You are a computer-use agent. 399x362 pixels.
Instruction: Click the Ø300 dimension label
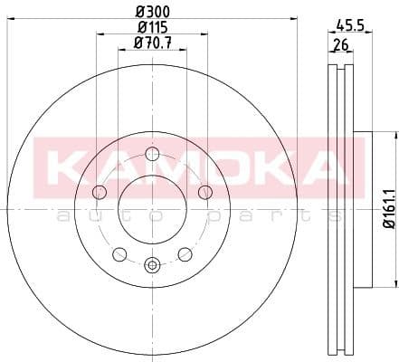[153, 11]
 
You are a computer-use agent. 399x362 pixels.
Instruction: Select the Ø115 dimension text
[153, 27]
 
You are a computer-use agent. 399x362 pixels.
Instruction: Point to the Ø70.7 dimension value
[152, 43]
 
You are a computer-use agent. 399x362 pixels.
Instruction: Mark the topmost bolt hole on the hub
[152, 153]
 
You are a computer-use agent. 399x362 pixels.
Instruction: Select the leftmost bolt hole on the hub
[99, 191]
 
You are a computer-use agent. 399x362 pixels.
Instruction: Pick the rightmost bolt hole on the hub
[205, 191]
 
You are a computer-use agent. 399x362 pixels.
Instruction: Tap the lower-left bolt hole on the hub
[119, 253]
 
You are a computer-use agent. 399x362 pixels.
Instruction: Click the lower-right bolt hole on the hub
[185, 253]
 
